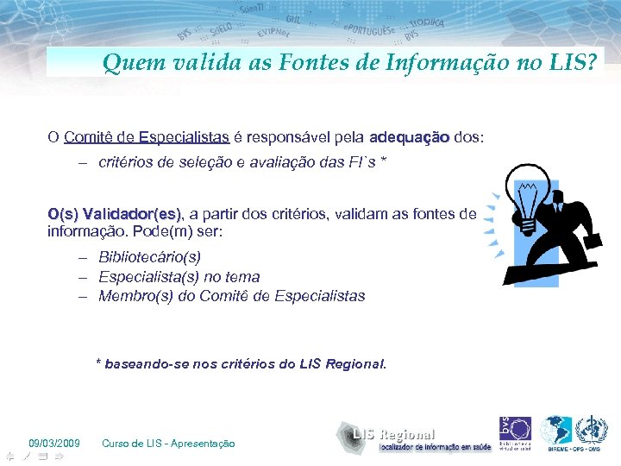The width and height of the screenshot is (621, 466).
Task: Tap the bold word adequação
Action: click(x=409, y=136)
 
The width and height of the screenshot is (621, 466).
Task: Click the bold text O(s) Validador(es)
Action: click(x=116, y=213)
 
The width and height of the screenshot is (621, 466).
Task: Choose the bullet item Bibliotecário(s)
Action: click(x=149, y=257)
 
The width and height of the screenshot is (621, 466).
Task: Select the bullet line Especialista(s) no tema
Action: click(x=179, y=276)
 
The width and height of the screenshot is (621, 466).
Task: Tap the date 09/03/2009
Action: click(x=54, y=444)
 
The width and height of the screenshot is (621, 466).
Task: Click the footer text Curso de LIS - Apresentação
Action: click(x=168, y=444)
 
